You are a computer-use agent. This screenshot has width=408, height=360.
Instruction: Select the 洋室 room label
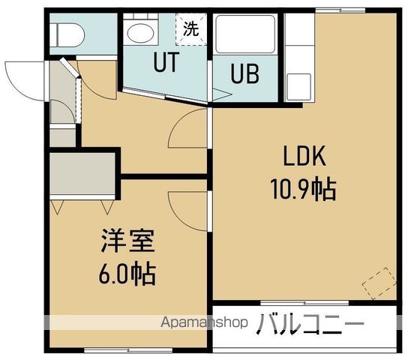pyautogui.click(x=128, y=244)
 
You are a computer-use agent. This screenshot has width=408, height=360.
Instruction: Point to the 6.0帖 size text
pyautogui.click(x=127, y=274)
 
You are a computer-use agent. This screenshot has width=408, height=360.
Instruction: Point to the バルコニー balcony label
pyautogui.click(x=311, y=325)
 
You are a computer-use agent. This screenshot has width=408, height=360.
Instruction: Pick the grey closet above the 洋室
pyautogui.click(x=82, y=176)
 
